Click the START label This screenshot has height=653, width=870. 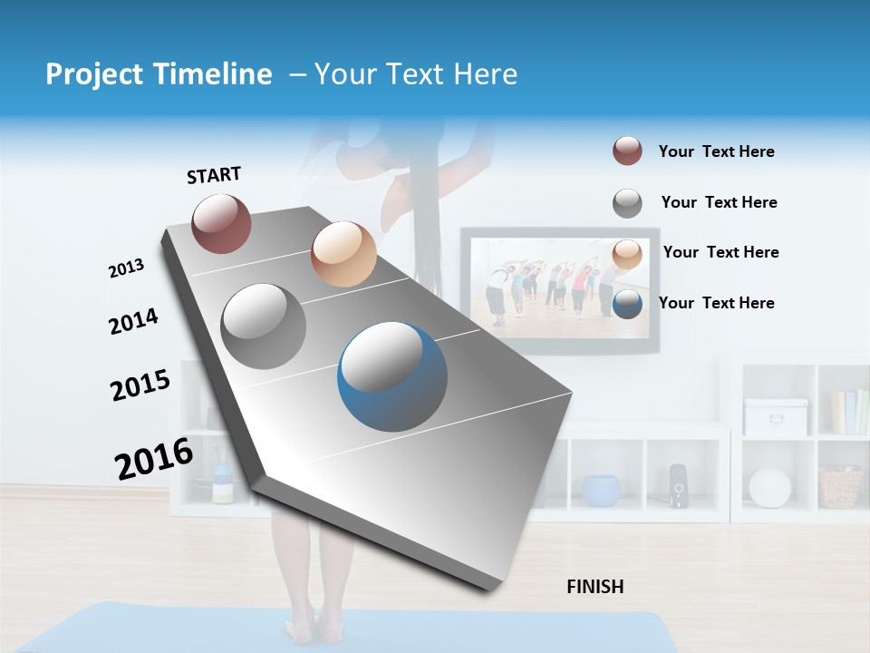(214, 175)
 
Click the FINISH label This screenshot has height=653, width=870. (595, 587)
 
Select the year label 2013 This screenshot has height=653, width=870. (126, 268)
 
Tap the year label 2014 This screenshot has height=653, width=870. (133, 322)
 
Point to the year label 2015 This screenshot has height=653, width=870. (140, 385)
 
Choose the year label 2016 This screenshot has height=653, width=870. (154, 459)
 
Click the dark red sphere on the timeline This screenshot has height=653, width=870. (221, 223)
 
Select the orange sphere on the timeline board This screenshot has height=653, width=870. (343, 254)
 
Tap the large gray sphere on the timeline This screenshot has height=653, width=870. (264, 326)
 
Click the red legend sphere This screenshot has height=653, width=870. (627, 151)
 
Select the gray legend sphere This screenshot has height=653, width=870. (627, 203)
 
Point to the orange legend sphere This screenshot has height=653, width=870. (627, 254)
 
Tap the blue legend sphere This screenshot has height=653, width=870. (627, 304)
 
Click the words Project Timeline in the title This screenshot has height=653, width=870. (159, 74)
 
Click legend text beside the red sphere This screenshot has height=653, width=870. (716, 152)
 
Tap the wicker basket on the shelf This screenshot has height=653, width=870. (840, 487)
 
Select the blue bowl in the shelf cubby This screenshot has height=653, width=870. (601, 491)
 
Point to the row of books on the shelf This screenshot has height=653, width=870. (850, 413)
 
